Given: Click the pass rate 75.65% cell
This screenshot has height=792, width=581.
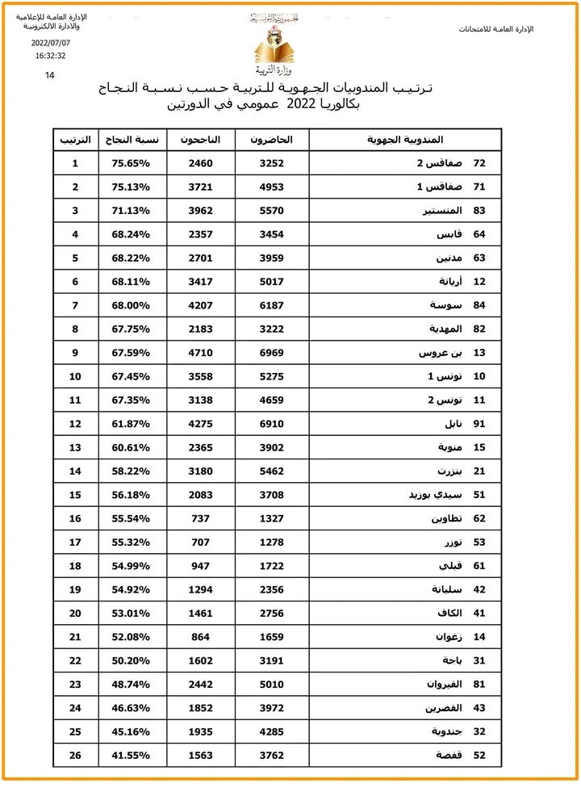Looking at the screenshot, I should click(x=133, y=163).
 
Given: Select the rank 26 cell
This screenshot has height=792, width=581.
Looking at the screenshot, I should click(x=75, y=756).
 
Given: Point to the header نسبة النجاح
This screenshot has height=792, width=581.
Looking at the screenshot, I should click(x=133, y=140).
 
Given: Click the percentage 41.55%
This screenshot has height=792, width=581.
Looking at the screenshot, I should click(x=133, y=756).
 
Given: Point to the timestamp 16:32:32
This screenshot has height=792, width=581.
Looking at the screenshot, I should click(x=50, y=56).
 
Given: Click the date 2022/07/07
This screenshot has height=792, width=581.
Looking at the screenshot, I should click(x=50, y=43).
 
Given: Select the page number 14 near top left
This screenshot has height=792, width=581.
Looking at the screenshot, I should click(x=50, y=75).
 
